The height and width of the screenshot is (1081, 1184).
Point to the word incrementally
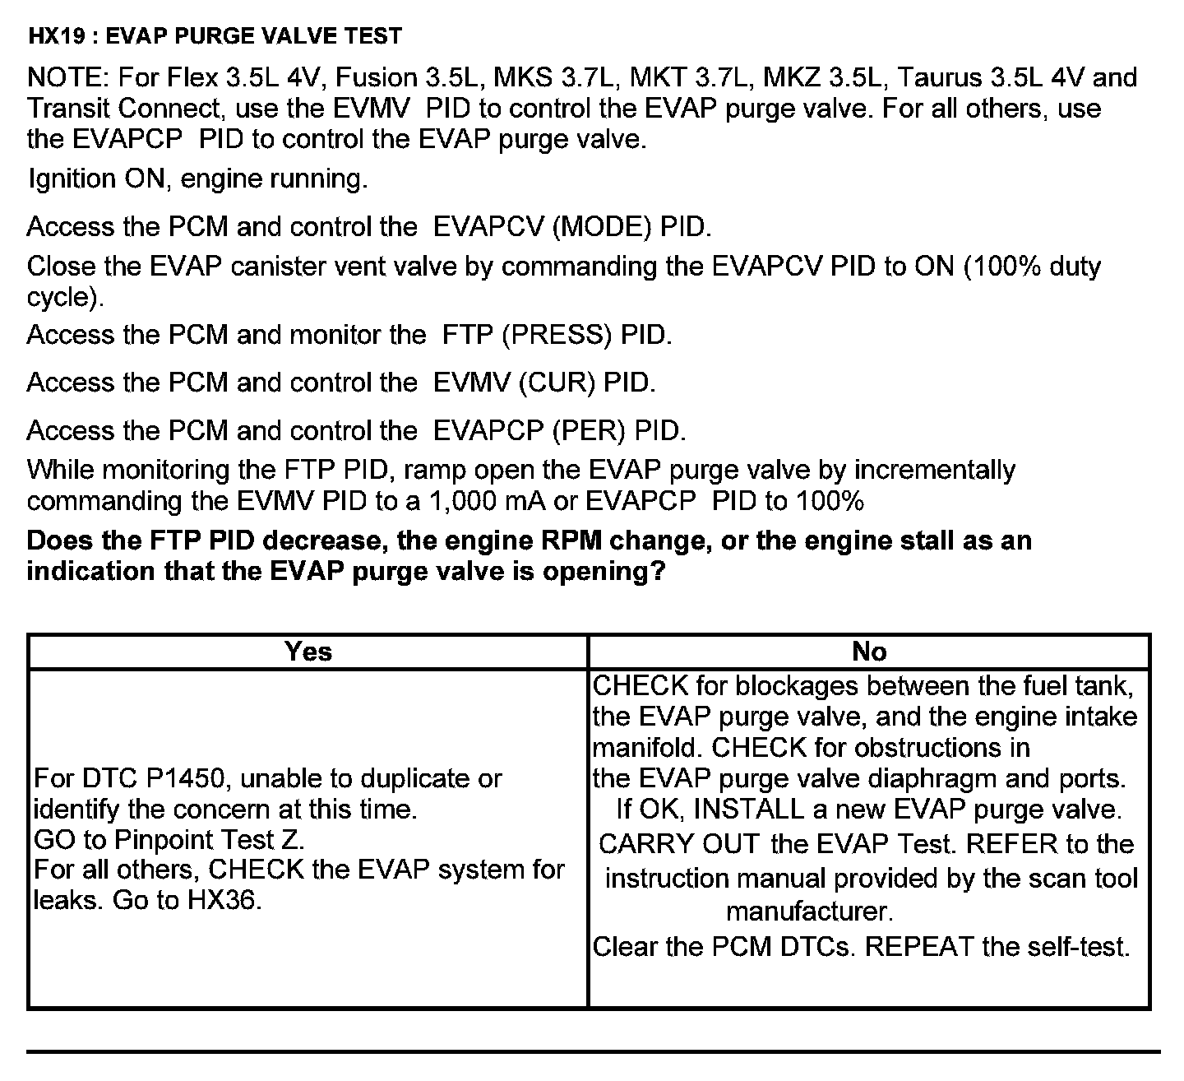(x=935, y=471)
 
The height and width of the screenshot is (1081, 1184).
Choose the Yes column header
(x=308, y=652)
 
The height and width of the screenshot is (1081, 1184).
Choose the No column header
(x=869, y=652)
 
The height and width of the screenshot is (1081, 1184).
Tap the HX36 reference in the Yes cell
(x=224, y=900)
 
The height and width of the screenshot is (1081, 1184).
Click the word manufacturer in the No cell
(x=809, y=912)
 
